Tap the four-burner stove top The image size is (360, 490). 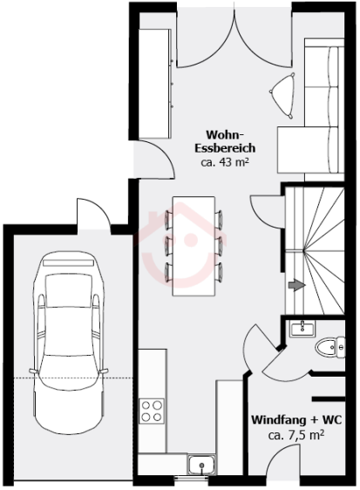click(152, 412)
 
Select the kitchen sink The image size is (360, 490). click(201, 465)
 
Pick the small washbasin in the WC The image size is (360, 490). click(302, 329)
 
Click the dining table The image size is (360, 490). click(194, 246)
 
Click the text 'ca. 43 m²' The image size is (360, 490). click(225, 162)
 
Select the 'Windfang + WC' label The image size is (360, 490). click(296, 419)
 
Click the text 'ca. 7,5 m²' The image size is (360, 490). click(296, 435)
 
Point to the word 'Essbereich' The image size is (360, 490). click(225, 148)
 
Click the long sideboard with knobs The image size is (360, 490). click(155, 84)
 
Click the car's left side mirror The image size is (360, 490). click(32, 371)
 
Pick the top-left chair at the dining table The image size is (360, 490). click(168, 220)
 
